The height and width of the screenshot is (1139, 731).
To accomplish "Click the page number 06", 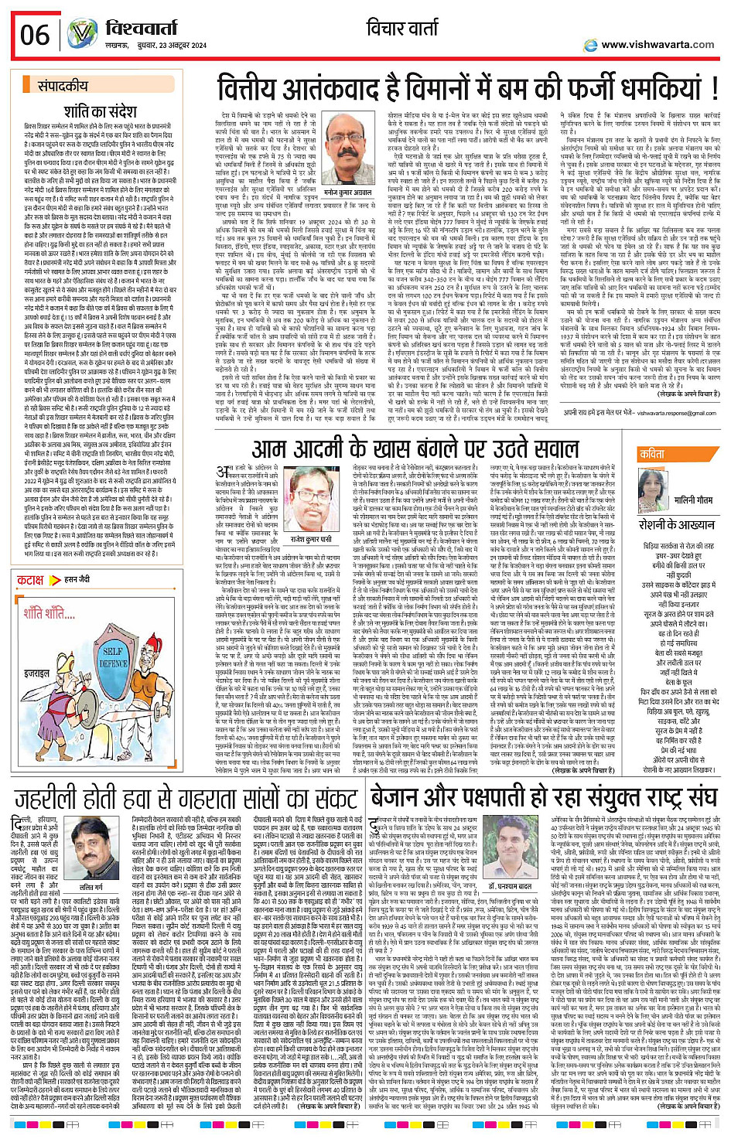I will (35, 35).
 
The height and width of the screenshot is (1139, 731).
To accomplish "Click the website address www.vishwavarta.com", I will (658, 44).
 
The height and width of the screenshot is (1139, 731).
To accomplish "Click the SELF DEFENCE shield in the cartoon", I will (114, 657).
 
